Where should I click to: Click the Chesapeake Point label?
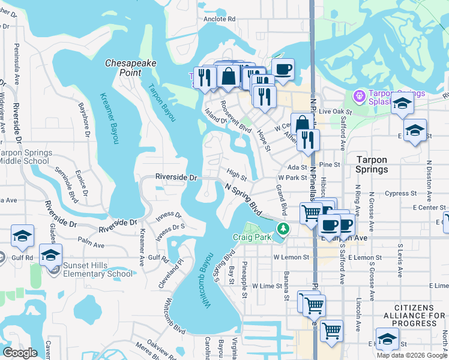pyautogui.click(x=123, y=67)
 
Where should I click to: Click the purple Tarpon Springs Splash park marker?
pyautogui.click(x=360, y=95)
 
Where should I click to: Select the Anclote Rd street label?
pyautogui.click(x=218, y=19)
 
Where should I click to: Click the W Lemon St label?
pyautogui.click(x=291, y=257)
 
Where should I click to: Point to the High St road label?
pyautogui.click(x=237, y=175)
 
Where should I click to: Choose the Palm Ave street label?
pyautogui.click(x=91, y=245)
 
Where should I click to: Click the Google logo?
pyautogui.click(x=20, y=353)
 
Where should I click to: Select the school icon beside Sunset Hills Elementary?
pyautogui.click(x=51, y=255)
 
